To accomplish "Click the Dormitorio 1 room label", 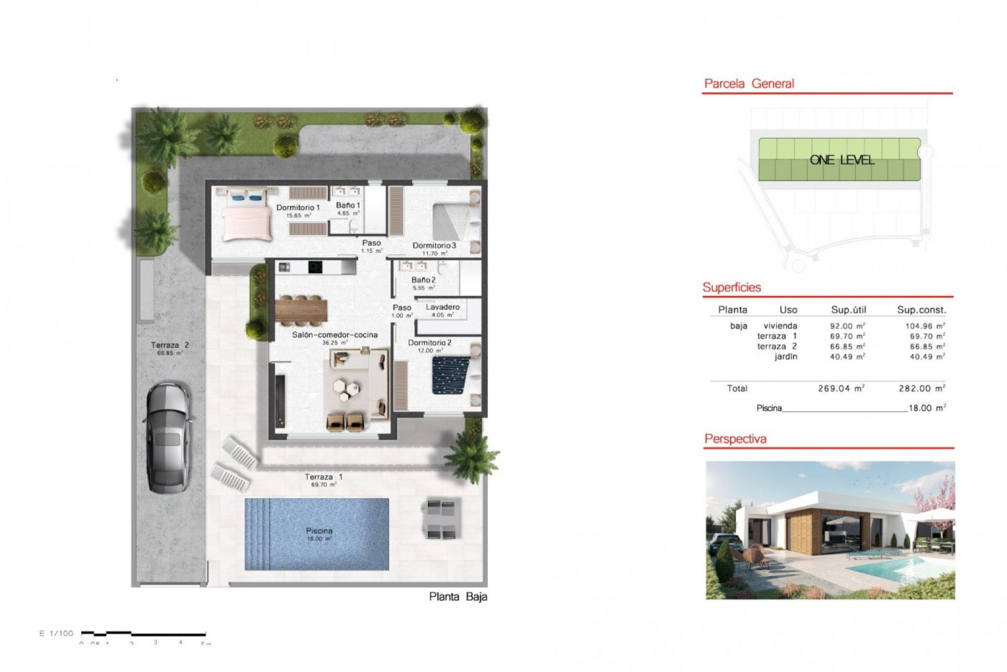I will pos(298,208).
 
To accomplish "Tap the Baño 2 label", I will pos(423,280).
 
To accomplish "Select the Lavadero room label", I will pos(443,307).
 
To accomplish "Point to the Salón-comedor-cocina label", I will pos(335,335).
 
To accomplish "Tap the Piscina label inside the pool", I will pos(319,531).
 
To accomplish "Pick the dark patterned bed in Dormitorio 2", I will pos(452,374).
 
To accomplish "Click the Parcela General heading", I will pos(748,83).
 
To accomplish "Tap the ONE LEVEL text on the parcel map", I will pos(842,160).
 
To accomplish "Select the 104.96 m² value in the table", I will pos(925,326).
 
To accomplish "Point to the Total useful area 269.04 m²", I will pos(841,389).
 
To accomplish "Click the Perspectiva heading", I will pos(735,439).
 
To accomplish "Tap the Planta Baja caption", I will pos(458,596).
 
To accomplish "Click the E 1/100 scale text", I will pos(57,634).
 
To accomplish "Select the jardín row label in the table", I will pos(786,357).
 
